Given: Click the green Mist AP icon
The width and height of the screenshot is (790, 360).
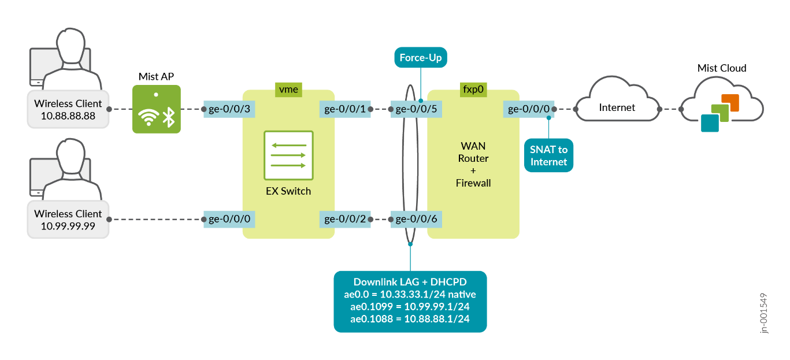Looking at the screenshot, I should (x=156, y=109).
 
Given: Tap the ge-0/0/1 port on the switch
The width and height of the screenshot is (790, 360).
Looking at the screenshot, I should (x=345, y=109).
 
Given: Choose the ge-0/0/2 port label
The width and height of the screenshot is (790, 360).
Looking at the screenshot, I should (x=345, y=219).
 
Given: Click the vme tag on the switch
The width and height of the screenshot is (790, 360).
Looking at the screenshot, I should (x=288, y=90).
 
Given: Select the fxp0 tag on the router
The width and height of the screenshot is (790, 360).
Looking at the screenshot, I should (x=473, y=90).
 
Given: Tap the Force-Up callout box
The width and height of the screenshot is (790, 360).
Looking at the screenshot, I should (x=421, y=58).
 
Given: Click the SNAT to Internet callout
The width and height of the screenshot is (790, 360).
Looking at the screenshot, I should (x=548, y=155).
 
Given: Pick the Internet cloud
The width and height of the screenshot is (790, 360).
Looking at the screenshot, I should (x=617, y=107).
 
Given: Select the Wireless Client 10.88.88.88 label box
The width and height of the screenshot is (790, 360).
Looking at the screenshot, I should (x=68, y=109).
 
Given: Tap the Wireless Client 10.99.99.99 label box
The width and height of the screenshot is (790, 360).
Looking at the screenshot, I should (x=68, y=220).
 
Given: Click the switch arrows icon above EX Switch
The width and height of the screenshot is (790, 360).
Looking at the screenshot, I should (x=288, y=155).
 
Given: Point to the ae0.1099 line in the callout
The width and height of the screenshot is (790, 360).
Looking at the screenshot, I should (x=410, y=306).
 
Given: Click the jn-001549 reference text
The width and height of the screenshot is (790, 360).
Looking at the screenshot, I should (x=764, y=313).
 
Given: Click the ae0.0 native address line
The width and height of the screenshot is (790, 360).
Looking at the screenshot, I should (x=410, y=294).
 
